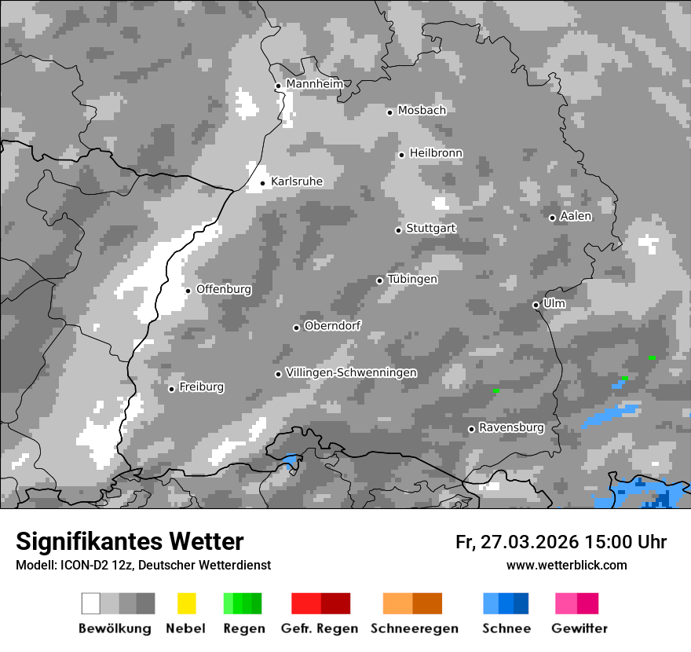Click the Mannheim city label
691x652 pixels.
tap(314, 84)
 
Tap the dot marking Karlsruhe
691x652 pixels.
tap(262, 184)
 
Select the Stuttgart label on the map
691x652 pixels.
tap(430, 229)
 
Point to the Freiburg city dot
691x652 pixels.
tap(171, 389)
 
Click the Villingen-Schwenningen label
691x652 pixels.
tap(351, 372)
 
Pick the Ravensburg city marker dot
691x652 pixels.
tap(471, 429)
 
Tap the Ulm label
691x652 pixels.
tap(554, 303)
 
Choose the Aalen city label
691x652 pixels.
tap(576, 216)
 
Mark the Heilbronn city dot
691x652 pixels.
tap(401, 155)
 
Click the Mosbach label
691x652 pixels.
tap(422, 111)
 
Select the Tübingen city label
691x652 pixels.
tap(412, 279)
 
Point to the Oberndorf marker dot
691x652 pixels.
tap(296, 328)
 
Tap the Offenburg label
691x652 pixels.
tap(224, 289)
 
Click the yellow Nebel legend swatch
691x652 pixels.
tap(186, 603)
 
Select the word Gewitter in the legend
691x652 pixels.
tap(579, 628)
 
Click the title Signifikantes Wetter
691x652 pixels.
tap(130, 541)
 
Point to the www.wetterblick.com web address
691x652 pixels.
tap(566, 565)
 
